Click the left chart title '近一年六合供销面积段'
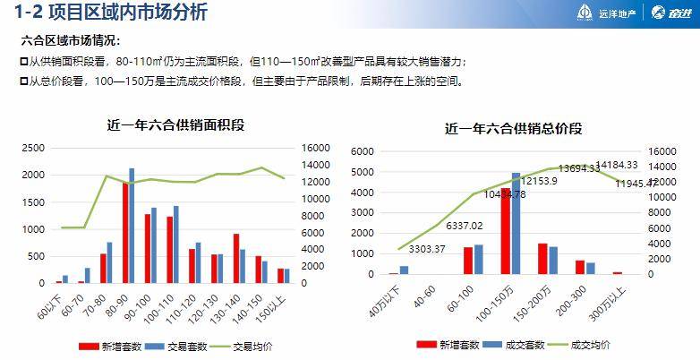point(175,124)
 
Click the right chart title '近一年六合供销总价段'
point(514,128)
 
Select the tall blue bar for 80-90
point(132,225)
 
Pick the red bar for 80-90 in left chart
point(125,233)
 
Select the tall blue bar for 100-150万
point(516,223)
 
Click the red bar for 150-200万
point(542,258)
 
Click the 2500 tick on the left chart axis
point(35,148)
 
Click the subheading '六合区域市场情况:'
point(70,41)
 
